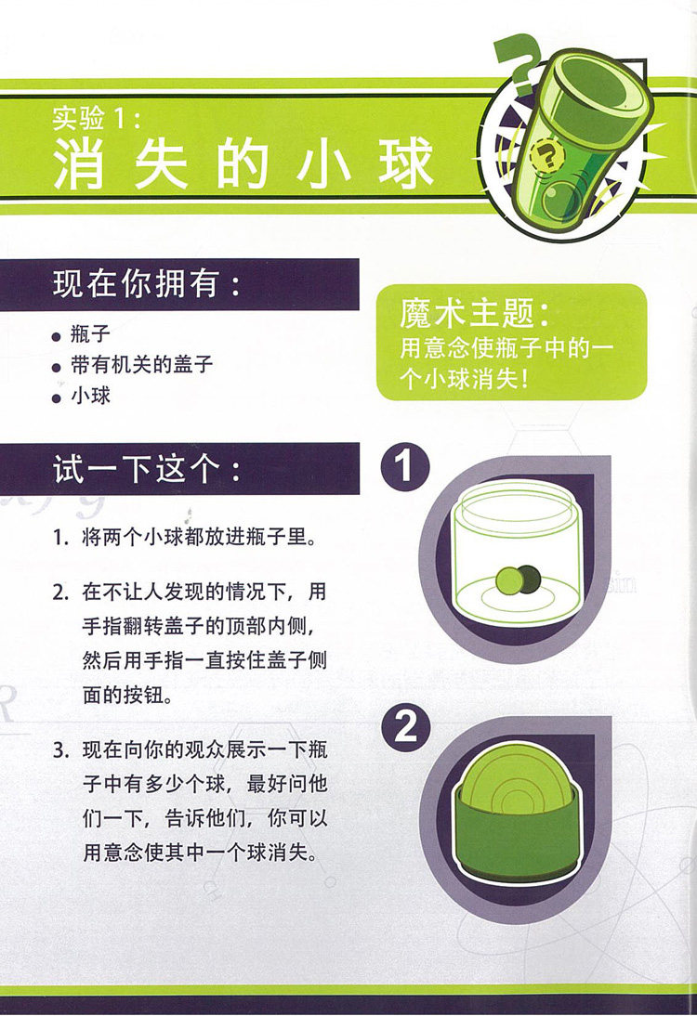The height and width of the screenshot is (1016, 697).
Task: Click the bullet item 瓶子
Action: click(90, 334)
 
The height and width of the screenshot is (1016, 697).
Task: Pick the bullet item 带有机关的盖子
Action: click(141, 365)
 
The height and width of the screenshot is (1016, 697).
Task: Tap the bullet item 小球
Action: click(90, 396)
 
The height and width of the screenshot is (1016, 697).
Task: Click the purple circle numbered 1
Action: click(404, 466)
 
